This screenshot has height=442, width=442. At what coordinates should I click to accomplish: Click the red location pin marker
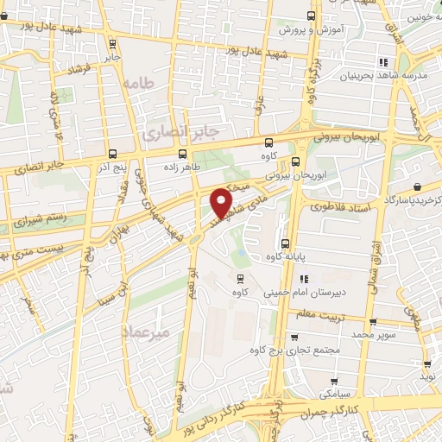(222, 202)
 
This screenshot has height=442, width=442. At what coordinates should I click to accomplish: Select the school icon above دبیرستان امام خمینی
(304, 279)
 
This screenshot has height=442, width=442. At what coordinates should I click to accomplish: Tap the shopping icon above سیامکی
(335, 379)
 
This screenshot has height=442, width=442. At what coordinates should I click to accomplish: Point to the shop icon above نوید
(426, 364)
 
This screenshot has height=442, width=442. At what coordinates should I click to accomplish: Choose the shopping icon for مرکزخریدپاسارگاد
(417, 186)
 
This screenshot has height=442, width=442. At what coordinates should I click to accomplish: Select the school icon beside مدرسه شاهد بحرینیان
(382, 62)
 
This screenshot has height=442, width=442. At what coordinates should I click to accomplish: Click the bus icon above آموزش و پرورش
(311, 16)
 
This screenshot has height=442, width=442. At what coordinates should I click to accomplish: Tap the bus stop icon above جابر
(113, 42)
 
